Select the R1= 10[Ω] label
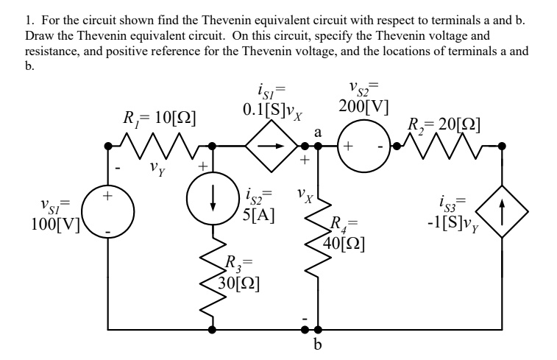pyautogui.click(x=158, y=116)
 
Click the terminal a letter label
pyautogui.click(x=318, y=132)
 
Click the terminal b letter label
pyautogui.click(x=318, y=345)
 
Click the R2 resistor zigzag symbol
pyautogui.click(x=447, y=146)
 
